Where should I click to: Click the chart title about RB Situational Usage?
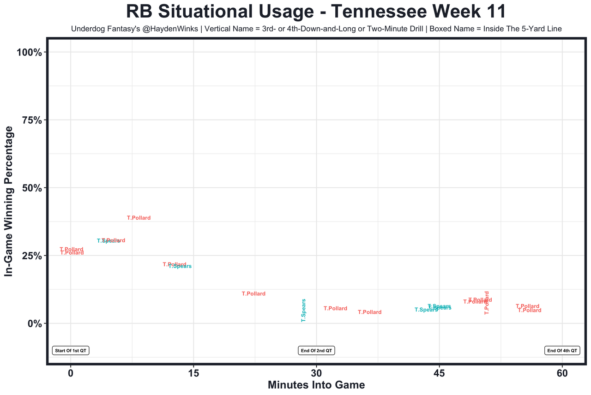pyautogui.click(x=316, y=12)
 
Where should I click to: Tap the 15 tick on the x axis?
pyautogui.click(x=193, y=373)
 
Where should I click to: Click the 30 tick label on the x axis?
pyautogui.click(x=316, y=373)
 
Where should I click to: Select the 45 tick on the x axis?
pyautogui.click(x=439, y=373)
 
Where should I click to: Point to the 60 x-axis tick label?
pyautogui.click(x=562, y=373)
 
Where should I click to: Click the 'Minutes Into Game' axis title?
pyautogui.click(x=316, y=385)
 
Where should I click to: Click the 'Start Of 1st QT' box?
pyautogui.click(x=71, y=351)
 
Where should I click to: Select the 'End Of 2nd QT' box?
pyautogui.click(x=316, y=351)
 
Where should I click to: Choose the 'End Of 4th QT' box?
pyautogui.click(x=562, y=351)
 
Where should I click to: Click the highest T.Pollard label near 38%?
pyautogui.click(x=139, y=218)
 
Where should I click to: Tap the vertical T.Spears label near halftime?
pyautogui.click(x=303, y=310)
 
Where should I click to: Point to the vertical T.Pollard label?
pyautogui.click(x=486, y=303)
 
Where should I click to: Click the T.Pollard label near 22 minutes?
pyautogui.click(x=253, y=293)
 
